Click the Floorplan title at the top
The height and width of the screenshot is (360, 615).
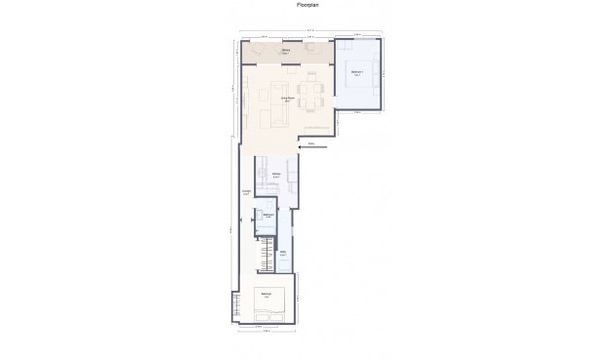tap(307, 5)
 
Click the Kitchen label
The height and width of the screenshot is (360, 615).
tap(277, 176)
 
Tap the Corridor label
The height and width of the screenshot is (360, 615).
tap(246, 192)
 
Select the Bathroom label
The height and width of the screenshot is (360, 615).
tap(266, 217)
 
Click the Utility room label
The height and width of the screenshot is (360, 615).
tap(282, 253)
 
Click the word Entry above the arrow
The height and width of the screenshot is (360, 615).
tap(311, 142)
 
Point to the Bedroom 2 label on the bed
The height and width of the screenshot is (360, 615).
tap(266, 296)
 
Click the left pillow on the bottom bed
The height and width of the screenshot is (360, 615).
tap(263, 314)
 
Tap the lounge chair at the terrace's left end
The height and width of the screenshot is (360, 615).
tap(261, 49)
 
